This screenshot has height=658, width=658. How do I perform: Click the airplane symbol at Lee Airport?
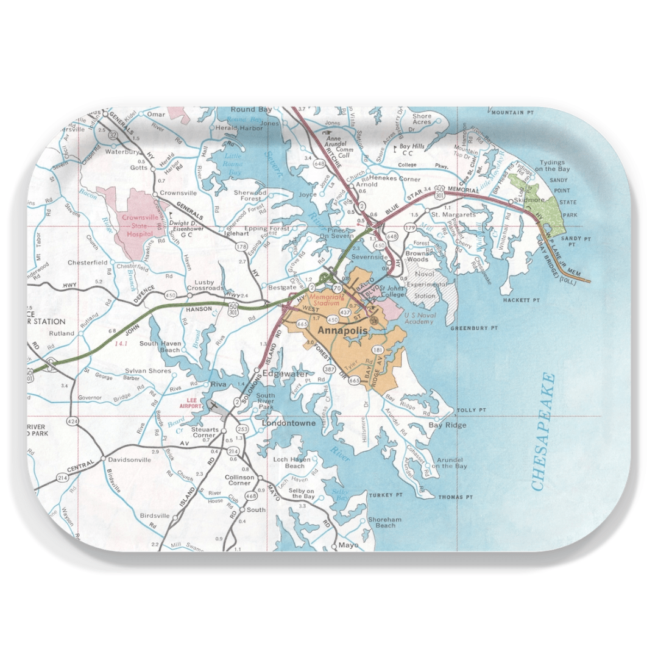coord(213,405)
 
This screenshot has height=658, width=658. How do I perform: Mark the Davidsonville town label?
coord(129,460)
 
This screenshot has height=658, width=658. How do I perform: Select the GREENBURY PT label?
coord(474,328)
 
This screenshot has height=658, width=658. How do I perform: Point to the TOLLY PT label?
coord(473,410)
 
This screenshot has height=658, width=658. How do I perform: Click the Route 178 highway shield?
coord(242,246)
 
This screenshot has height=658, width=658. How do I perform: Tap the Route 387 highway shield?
coord(330,370)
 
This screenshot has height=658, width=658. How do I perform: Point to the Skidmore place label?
coord(528,199)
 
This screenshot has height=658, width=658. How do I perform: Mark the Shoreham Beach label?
coord(385,522)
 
